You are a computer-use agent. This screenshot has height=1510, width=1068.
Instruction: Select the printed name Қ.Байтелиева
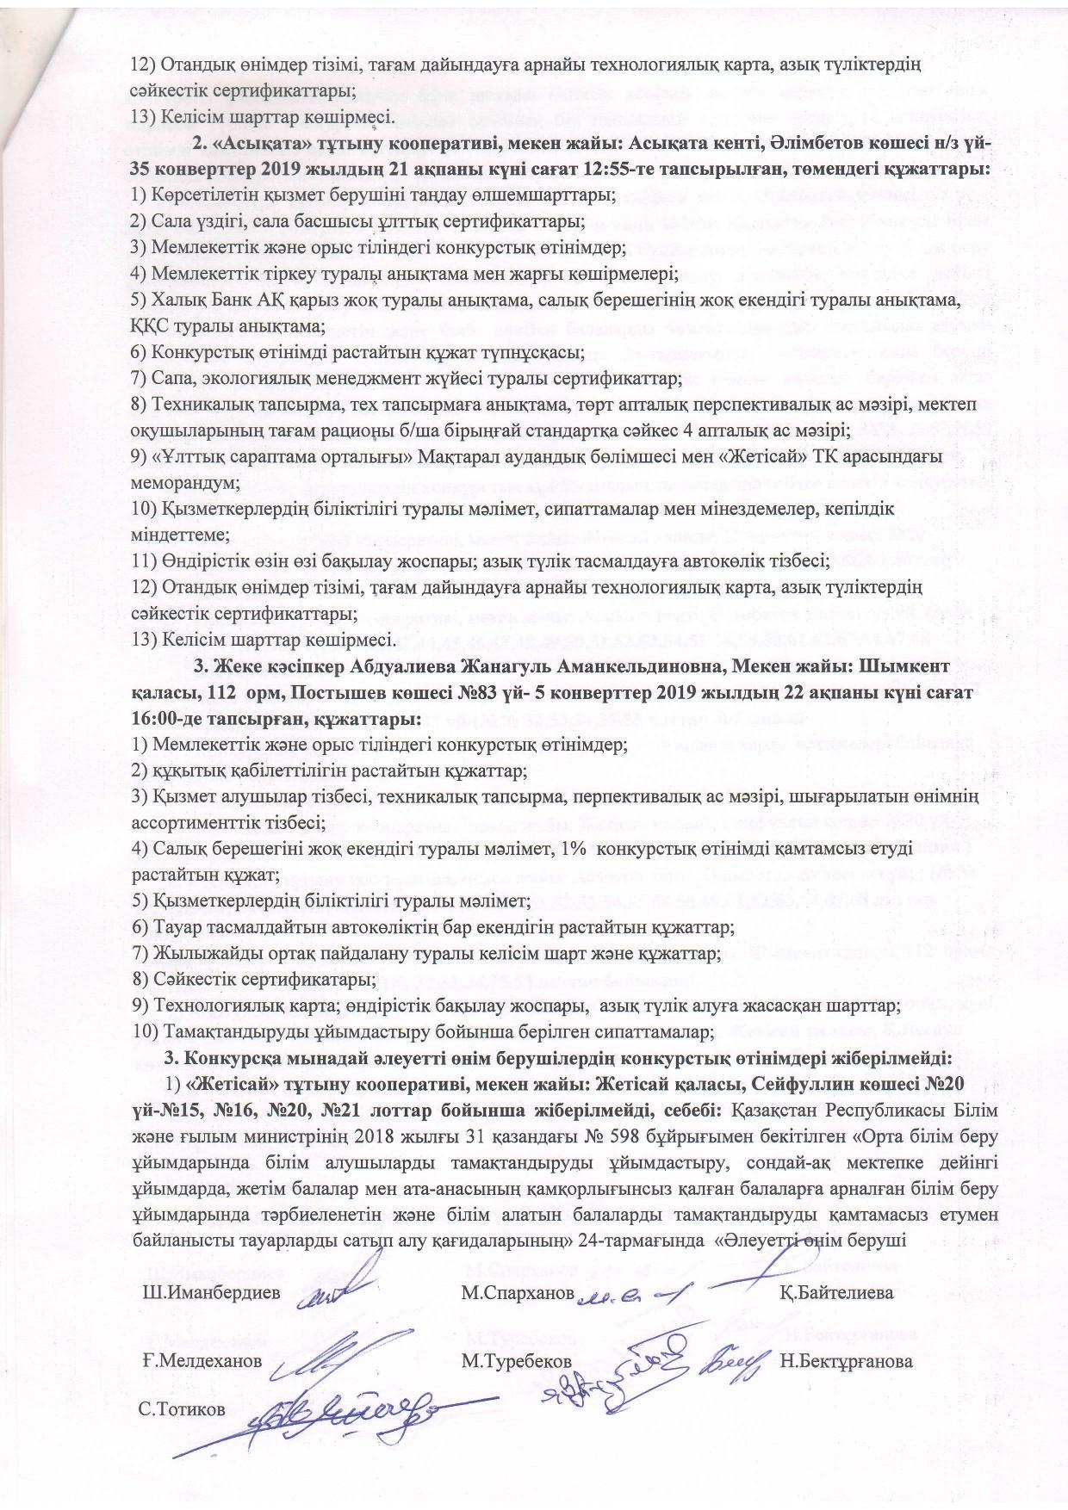click(836, 1293)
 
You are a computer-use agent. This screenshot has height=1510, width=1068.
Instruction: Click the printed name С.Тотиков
click(182, 1410)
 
